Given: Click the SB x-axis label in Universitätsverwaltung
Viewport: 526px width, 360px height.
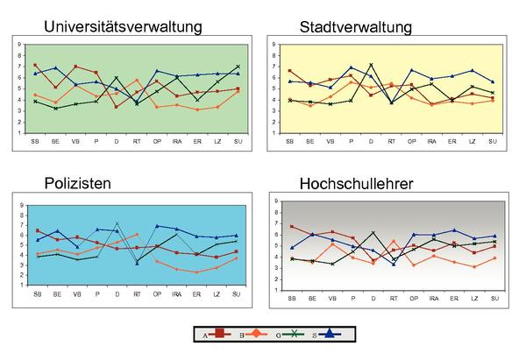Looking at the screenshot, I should [x=35, y=141].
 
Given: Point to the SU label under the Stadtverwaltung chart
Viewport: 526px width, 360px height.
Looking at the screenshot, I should [x=493, y=141].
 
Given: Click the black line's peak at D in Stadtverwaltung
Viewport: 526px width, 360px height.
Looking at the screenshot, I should [x=372, y=64].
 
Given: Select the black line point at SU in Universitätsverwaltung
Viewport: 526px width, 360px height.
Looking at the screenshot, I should [x=238, y=66].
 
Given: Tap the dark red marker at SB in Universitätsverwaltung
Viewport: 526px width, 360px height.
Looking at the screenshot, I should [x=35, y=65].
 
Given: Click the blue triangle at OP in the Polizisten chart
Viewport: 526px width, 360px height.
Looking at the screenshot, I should [x=157, y=226].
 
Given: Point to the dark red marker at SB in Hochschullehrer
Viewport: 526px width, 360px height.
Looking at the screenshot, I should [x=292, y=226].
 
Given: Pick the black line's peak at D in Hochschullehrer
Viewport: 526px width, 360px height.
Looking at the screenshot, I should [x=373, y=233].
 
